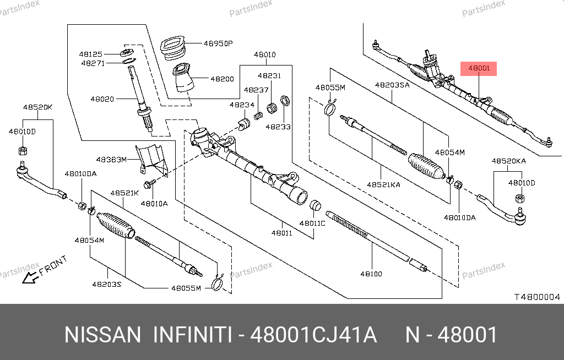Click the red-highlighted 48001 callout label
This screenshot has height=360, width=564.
coord(479,68)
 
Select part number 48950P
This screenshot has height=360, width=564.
coord(218,43)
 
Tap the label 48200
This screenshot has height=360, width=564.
coord(222,79)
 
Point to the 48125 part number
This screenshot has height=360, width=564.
coord(90,54)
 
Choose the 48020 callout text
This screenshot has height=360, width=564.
coord(102,99)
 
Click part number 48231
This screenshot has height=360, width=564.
coord(270,76)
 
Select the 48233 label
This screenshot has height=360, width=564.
coord(278,126)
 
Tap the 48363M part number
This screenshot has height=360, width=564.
coord(111,159)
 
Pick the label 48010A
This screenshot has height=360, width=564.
coord(154,203)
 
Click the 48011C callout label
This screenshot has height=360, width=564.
coord(312,223)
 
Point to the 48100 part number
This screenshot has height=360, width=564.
coord(371,274)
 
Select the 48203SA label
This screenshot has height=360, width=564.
coord(392,85)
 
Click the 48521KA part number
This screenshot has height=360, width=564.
coord(384,185)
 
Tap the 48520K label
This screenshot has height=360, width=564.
coord(37,107)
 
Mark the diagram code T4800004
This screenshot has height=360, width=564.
coord(537,297)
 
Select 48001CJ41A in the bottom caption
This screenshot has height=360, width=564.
coord(313,335)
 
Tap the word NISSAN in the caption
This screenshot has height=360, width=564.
coord(103,335)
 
